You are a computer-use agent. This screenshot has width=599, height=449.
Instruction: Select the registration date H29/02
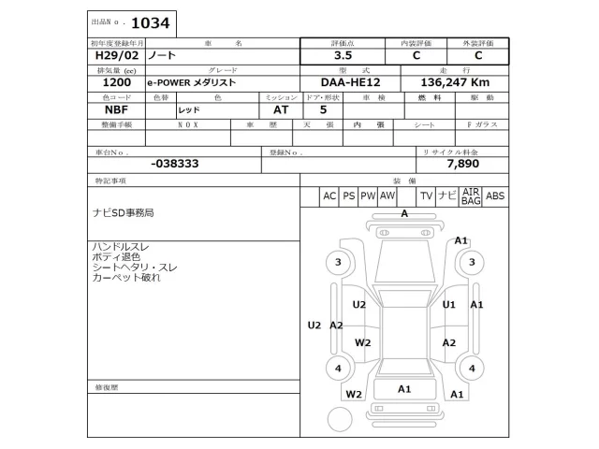point(113,55)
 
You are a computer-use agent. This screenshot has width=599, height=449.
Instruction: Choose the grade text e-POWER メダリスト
point(192,83)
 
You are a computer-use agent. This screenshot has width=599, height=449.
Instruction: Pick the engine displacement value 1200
point(111,82)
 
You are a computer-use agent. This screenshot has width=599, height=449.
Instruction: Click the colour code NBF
point(104,109)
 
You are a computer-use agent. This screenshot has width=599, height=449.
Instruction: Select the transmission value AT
point(268,109)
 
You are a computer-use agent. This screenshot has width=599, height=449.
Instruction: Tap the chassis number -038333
point(174,163)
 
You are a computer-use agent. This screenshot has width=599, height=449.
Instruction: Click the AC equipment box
point(329,196)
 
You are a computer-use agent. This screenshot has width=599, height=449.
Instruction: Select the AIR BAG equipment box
point(470,196)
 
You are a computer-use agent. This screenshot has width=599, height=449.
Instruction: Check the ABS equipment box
point(495,196)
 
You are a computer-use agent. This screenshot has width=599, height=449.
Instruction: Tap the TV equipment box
point(426,196)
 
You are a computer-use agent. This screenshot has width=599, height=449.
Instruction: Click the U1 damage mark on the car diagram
point(449,305)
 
